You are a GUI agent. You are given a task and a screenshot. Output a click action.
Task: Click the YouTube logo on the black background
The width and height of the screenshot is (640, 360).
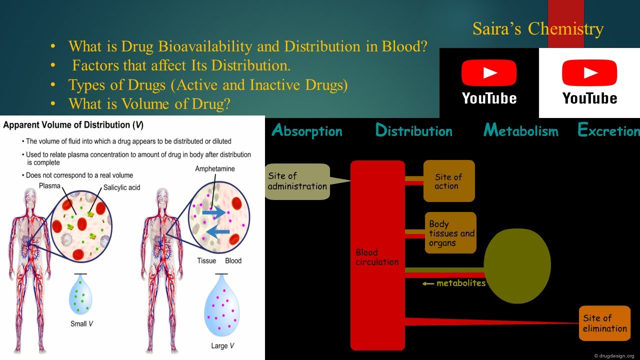[489, 82]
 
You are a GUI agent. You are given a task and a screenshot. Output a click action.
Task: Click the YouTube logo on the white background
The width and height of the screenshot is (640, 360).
[589, 82]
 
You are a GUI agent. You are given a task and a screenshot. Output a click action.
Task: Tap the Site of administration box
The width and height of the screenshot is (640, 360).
[297, 181]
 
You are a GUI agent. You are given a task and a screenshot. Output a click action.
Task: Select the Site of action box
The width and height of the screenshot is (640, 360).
[448, 181]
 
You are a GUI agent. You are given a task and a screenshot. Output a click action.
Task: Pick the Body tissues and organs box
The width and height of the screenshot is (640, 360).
[450, 233]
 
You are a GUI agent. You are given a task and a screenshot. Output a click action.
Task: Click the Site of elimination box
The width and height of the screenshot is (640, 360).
[604, 323]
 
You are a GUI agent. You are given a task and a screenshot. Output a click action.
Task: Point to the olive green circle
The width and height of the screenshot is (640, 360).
[517, 265]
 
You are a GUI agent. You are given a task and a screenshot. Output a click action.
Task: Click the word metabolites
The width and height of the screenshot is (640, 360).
[460, 283]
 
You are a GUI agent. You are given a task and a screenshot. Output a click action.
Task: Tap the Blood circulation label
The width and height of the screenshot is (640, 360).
[377, 257]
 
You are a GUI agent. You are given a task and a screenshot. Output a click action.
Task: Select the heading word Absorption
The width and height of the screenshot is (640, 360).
[307, 131]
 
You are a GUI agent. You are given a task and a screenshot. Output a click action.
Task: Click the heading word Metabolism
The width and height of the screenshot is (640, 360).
[520, 131]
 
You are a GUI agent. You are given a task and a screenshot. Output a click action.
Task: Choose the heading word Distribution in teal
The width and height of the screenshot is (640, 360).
[413, 131]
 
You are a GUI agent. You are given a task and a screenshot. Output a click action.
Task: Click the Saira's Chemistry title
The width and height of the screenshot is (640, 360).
[538, 29]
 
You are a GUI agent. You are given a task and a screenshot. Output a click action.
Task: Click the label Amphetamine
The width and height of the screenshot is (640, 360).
[214, 169]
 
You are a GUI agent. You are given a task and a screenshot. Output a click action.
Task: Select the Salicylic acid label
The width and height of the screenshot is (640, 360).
[122, 187]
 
